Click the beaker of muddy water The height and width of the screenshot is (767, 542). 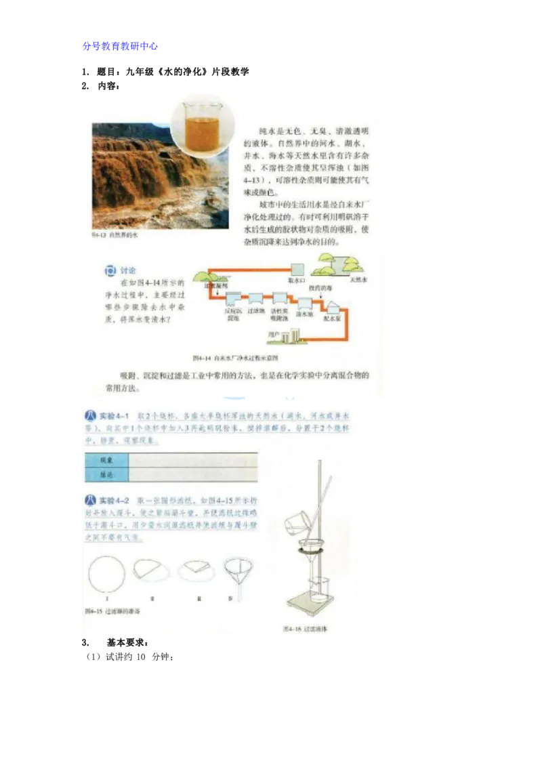(x=201, y=123)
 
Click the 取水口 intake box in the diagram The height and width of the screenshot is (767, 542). (x=297, y=268)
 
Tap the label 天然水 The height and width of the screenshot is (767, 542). (x=357, y=278)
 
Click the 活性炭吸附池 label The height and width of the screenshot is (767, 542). (x=279, y=316)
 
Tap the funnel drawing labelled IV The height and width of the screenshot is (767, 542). (x=231, y=573)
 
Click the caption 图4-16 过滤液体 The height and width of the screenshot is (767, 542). (x=306, y=629)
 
